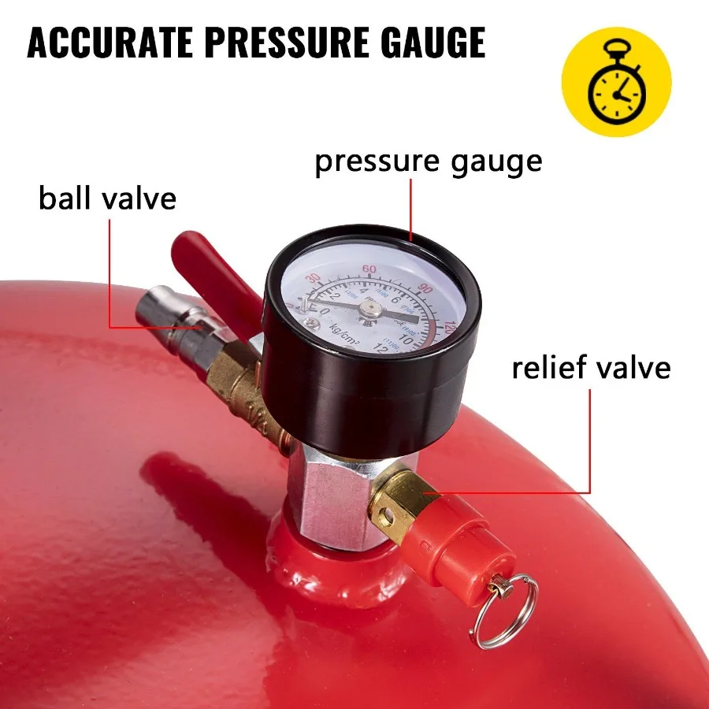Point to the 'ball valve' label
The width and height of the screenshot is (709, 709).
(107, 198)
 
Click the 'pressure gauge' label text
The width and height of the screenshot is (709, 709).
(429, 161)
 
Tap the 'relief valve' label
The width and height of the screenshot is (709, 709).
(591, 368)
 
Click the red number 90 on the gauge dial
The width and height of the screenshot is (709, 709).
(426, 289)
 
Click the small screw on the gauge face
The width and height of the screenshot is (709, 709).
(314, 324)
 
